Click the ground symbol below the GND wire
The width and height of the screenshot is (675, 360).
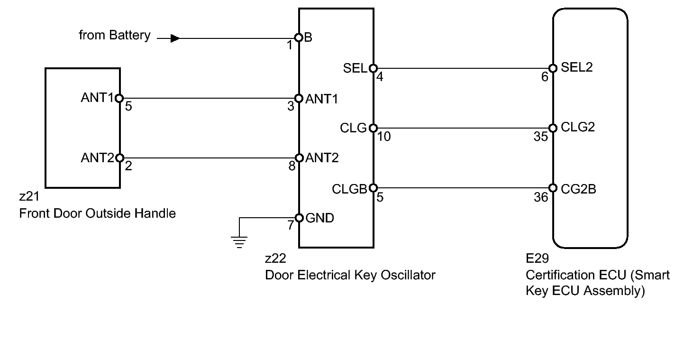tap(239, 242)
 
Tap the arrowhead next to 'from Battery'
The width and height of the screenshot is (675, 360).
tap(175, 38)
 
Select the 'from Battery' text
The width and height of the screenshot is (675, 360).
tap(115, 35)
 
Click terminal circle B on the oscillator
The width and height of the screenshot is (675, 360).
tap(299, 37)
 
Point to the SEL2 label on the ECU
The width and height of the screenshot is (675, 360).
tap(577, 67)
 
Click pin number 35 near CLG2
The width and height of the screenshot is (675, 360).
tap(540, 137)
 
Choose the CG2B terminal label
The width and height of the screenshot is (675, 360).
tap(579, 189)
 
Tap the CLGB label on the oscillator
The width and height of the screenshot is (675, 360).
tap(349, 189)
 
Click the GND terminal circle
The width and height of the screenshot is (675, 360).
tap(299, 218)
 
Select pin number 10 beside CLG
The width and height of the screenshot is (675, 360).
tap(384, 137)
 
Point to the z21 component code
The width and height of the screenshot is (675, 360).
tap(29, 196)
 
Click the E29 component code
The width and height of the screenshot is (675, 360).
tap(537, 258)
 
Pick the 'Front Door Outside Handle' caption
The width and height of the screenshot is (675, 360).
tap(97, 213)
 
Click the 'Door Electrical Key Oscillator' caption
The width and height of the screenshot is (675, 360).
tap(350, 275)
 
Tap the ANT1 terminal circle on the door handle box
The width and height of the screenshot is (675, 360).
tap(119, 98)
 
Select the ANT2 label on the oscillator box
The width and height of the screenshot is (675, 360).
tap(322, 157)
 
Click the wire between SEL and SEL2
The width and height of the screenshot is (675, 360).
tap(463, 68)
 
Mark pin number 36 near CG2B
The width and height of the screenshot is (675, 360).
tap(540, 197)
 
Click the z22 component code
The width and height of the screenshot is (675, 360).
tap(275, 258)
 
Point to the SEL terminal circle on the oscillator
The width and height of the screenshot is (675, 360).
tap(374, 68)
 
